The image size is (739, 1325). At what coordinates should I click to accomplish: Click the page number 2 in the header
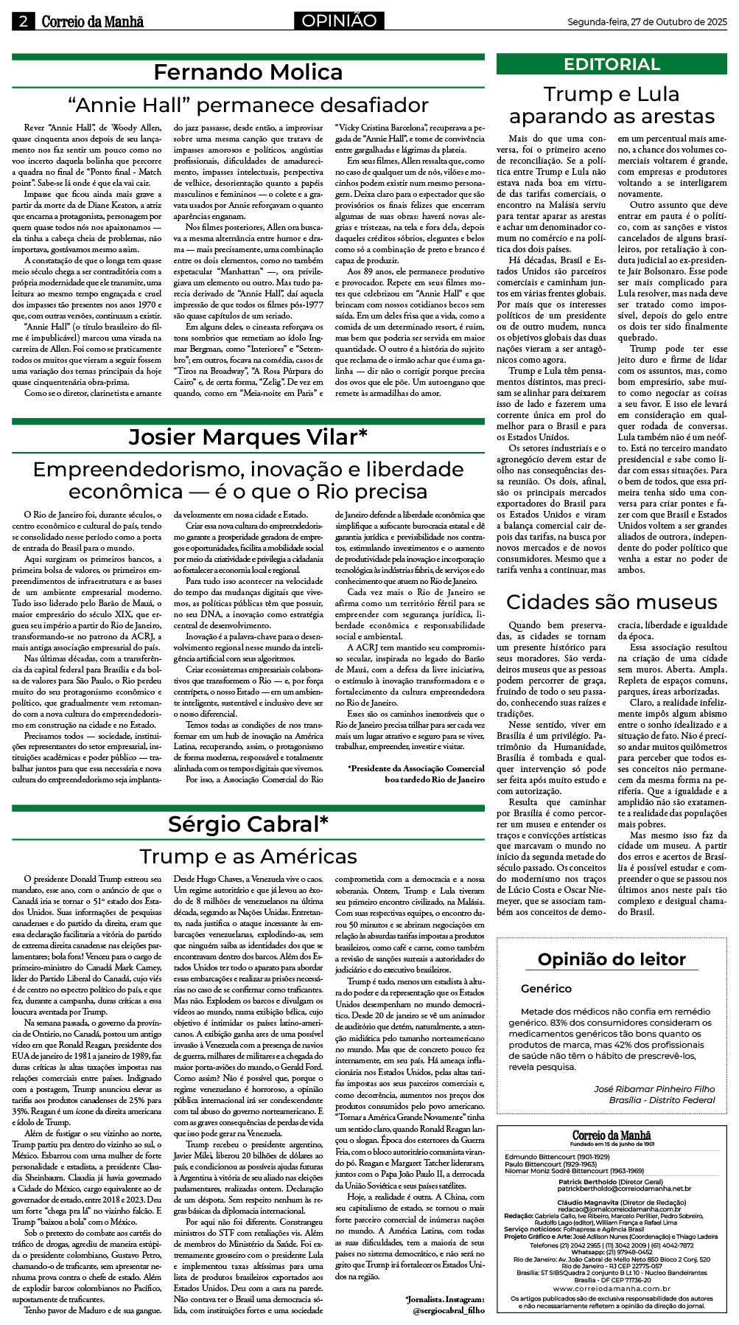[x=24, y=21]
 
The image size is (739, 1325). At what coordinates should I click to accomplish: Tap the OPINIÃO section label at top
[x=340, y=21]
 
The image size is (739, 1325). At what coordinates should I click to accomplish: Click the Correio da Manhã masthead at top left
[x=92, y=21]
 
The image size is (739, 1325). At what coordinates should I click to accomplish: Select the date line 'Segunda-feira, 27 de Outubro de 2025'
[x=646, y=22]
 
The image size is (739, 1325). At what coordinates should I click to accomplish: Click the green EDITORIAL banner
[x=612, y=64]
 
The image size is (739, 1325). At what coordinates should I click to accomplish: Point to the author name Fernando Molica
[x=248, y=72]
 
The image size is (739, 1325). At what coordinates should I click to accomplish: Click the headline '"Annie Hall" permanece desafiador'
[x=248, y=105]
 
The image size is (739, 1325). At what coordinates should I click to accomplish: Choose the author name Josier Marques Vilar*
[x=248, y=437]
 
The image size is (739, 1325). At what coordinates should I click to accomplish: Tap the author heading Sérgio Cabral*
[x=248, y=824]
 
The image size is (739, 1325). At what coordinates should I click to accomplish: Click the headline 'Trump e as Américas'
[x=248, y=856]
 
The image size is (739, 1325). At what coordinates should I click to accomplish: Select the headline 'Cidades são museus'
[x=612, y=602]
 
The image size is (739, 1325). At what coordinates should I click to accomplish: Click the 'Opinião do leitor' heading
[x=612, y=959]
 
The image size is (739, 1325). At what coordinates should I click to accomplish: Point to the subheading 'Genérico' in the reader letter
[x=546, y=989]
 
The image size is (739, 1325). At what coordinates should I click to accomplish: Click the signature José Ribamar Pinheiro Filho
[x=654, y=1088]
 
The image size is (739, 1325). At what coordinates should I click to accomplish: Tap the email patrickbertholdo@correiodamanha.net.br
[x=624, y=1189]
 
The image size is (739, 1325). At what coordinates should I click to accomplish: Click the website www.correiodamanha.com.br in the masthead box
[x=612, y=1288]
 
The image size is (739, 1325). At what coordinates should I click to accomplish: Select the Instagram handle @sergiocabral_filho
[x=448, y=1310]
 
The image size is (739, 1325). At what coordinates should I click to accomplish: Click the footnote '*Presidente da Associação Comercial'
[x=416, y=768]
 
